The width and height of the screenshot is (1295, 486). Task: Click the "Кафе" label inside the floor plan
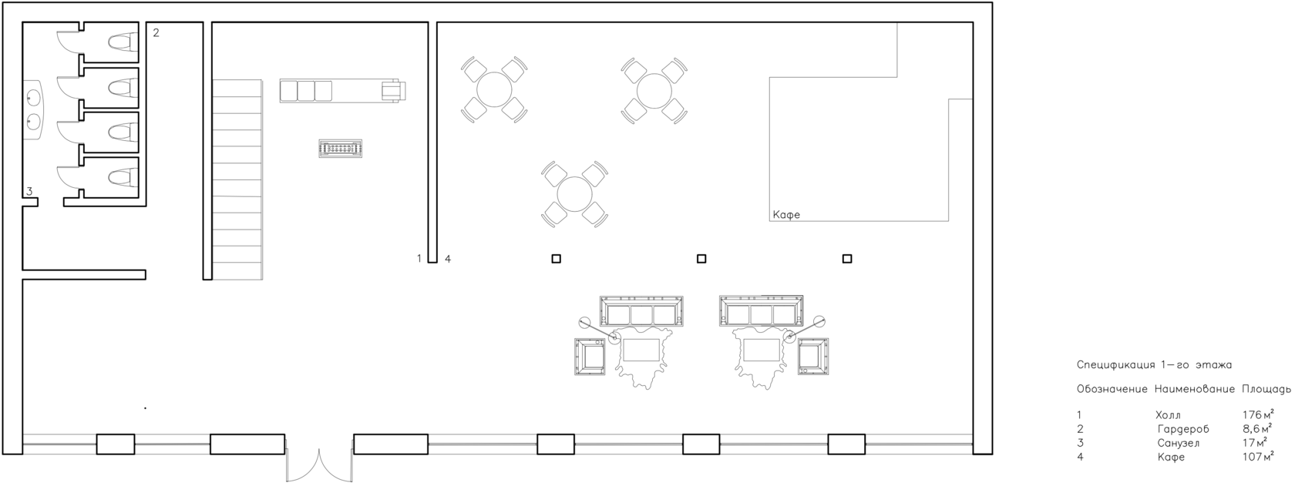[786, 215]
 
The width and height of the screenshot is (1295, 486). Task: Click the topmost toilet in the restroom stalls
[123, 42]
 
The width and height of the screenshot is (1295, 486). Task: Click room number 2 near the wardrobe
[156, 33]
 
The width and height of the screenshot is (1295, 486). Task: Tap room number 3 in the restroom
[29, 191]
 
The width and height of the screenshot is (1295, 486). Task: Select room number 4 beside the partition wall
[447, 259]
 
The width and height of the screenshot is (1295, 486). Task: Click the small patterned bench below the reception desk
[341, 149]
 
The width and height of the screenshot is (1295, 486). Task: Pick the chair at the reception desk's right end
[393, 91]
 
